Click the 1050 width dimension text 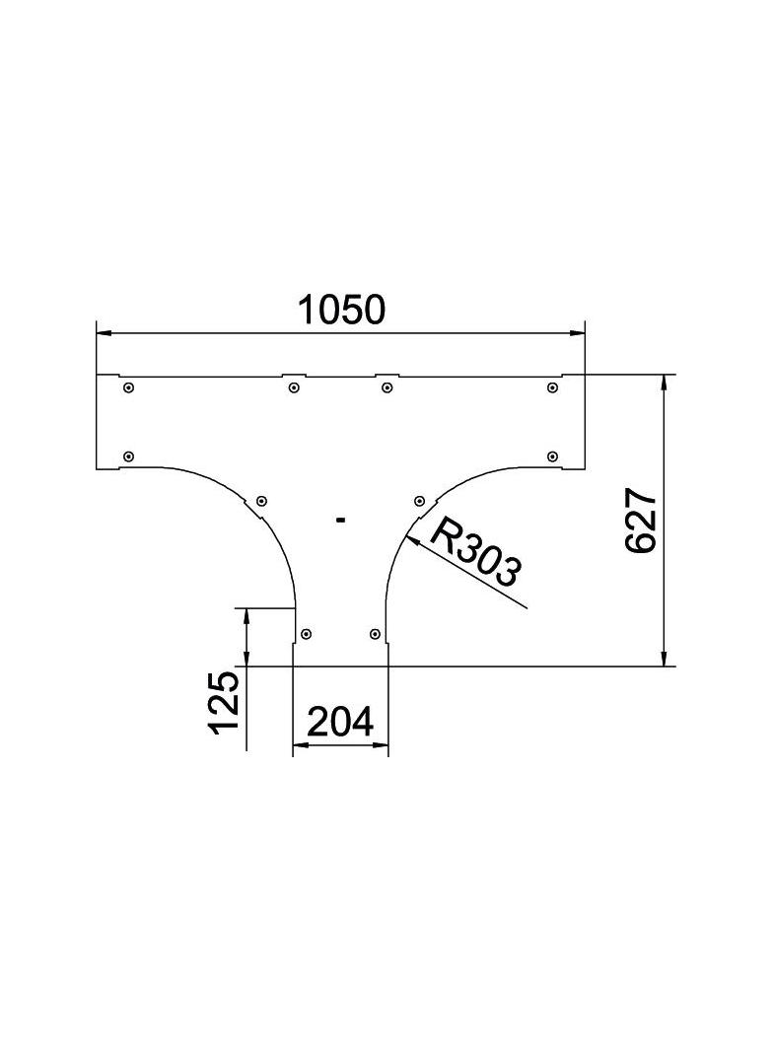pyautogui.click(x=341, y=310)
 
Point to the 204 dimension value pyautogui.click(x=340, y=723)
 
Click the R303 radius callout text pyautogui.click(x=476, y=553)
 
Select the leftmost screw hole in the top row pyautogui.click(x=128, y=388)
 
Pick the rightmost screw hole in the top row pyautogui.click(x=552, y=388)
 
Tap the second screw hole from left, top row pyautogui.click(x=294, y=388)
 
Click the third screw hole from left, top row pyautogui.click(x=386, y=388)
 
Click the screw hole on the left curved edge pyautogui.click(x=261, y=501)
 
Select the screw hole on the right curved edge pyautogui.click(x=419, y=501)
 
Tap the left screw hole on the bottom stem pyautogui.click(x=307, y=633)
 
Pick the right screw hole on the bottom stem pyautogui.click(x=374, y=633)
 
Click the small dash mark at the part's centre pyautogui.click(x=340, y=519)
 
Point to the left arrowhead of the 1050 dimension pyautogui.click(x=104, y=333)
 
